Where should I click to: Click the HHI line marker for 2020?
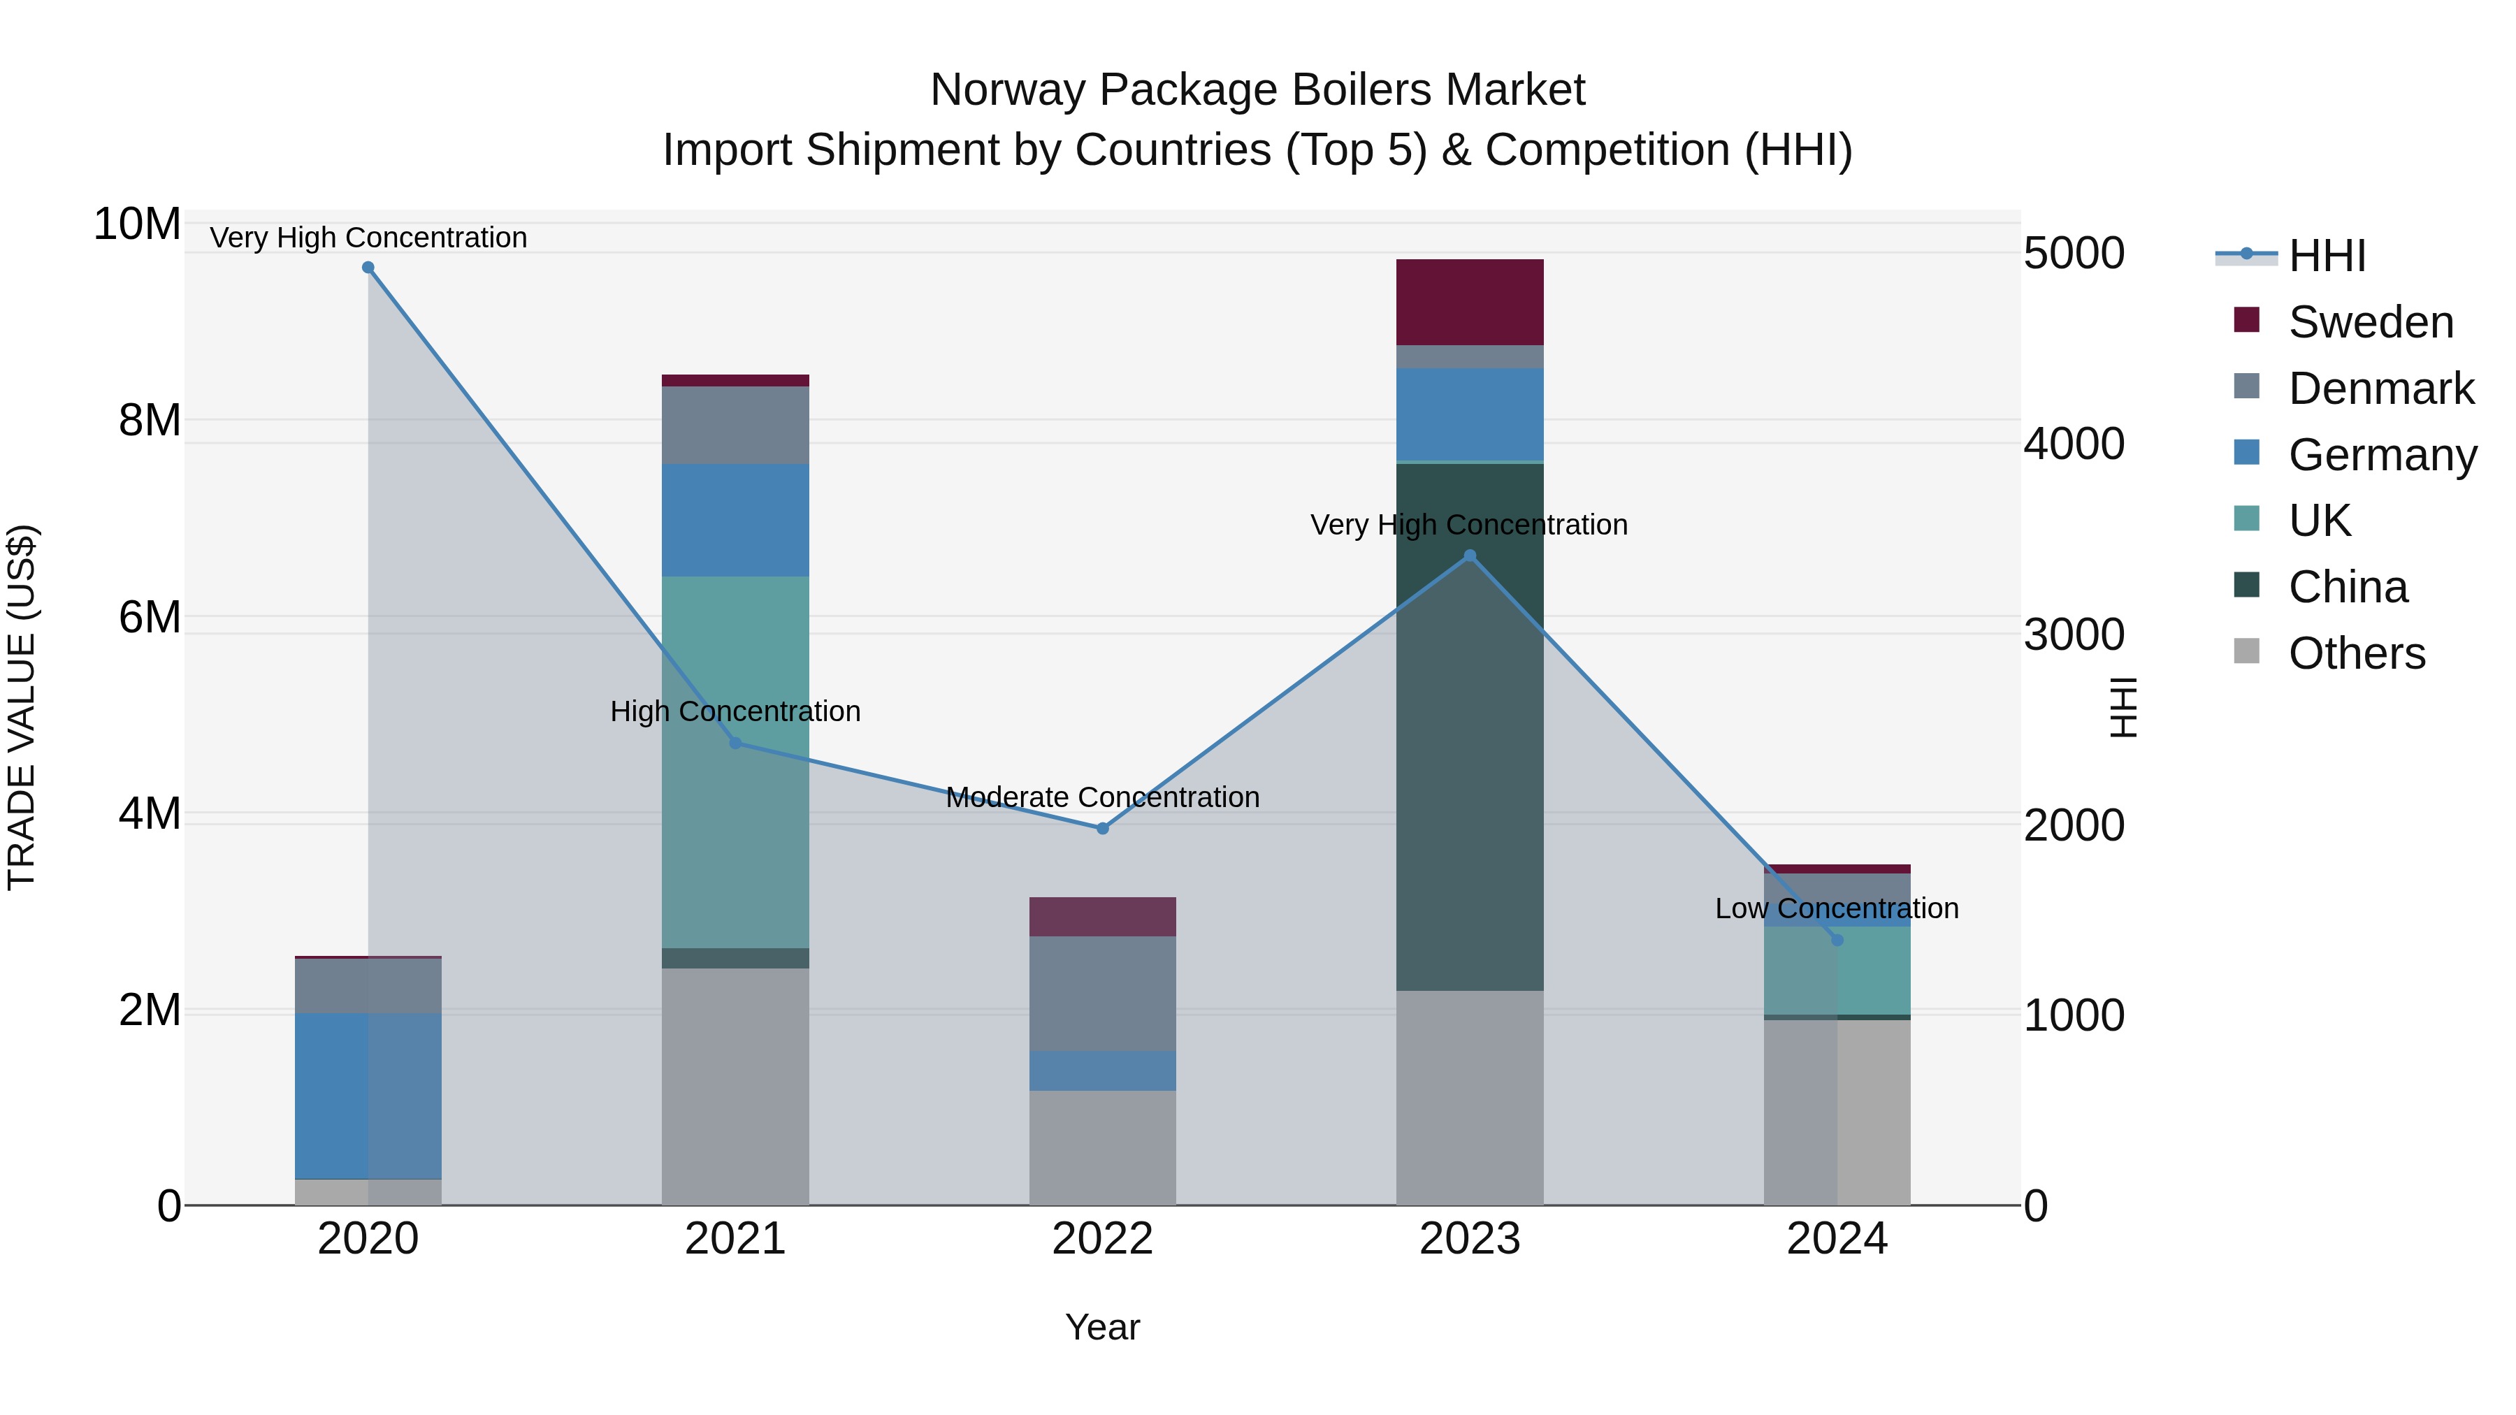coord(368,268)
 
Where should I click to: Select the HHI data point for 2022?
coord(1103,828)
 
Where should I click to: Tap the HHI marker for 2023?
coord(1470,556)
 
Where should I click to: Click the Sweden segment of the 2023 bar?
coord(1470,302)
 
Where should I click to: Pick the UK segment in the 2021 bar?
coord(735,762)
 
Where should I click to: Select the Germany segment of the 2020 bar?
coord(368,1096)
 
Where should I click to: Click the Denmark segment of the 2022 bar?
coord(1103,993)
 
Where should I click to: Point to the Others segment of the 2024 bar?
coord(1837,1112)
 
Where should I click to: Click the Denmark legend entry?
coord(2380,389)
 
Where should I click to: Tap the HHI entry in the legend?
coord(2327,256)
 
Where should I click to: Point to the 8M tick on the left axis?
coord(150,421)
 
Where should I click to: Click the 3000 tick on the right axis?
coord(2074,634)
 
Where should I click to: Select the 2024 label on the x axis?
coord(1837,1239)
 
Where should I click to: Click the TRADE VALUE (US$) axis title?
coord(22,707)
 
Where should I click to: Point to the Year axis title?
coord(1103,1327)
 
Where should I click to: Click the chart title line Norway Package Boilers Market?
coord(1257,90)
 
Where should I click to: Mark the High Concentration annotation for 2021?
coord(735,711)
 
